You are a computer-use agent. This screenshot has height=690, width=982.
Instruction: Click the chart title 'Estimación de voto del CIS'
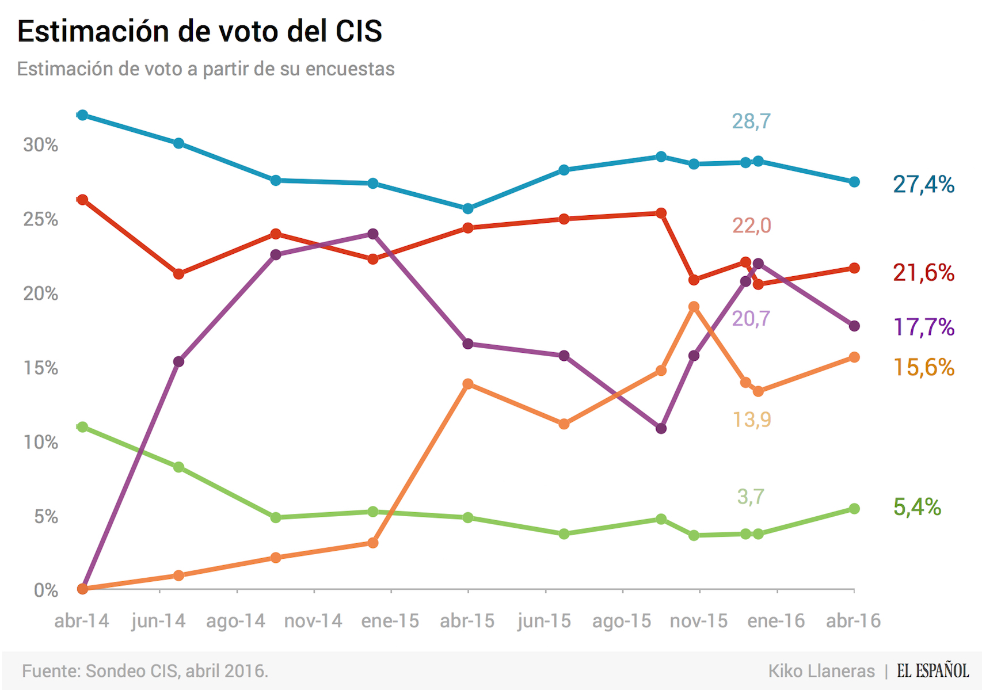(x=200, y=31)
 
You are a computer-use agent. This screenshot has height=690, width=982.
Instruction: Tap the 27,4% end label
(x=923, y=184)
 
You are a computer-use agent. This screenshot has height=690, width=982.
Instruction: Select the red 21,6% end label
(x=923, y=272)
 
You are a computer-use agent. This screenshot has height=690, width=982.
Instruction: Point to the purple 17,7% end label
(x=923, y=327)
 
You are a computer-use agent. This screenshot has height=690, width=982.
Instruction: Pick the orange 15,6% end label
(x=923, y=367)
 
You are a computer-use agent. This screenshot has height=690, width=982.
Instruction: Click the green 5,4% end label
(x=917, y=507)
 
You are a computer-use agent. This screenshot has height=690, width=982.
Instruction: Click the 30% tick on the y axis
(x=40, y=145)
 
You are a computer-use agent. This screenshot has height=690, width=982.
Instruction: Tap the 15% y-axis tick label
(x=40, y=368)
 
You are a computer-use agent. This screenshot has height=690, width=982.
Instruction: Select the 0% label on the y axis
(x=45, y=590)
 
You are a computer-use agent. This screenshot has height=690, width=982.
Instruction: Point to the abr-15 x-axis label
(x=467, y=621)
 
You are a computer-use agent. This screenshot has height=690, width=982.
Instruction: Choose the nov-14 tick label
(x=313, y=621)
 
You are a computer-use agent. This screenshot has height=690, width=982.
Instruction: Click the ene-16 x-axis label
(x=776, y=621)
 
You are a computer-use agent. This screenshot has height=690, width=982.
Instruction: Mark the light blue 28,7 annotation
(x=751, y=121)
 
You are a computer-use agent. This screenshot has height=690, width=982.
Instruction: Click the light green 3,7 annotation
(x=751, y=496)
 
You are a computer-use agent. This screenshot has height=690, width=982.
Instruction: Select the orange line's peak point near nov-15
(x=694, y=307)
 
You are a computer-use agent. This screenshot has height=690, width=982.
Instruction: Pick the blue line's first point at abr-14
(x=82, y=115)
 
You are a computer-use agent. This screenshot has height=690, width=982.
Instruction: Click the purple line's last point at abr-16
(x=854, y=326)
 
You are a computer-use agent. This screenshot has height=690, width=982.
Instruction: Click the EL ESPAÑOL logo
(x=932, y=671)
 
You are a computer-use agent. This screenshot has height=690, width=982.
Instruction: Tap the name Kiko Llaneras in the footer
(x=821, y=671)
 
